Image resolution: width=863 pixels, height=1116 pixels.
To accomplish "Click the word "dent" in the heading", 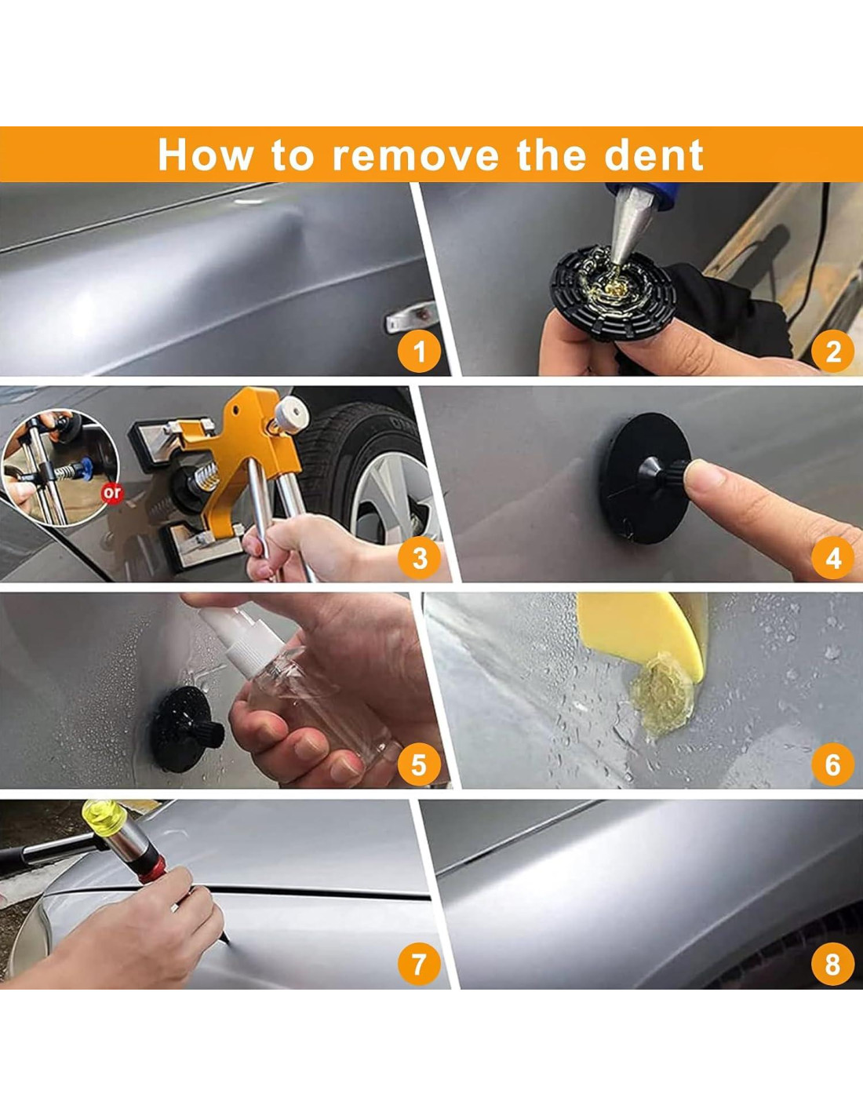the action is [654, 154].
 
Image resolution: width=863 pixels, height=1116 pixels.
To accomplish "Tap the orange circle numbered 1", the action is [419, 352].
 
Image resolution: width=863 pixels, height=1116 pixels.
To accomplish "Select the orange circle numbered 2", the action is [832, 352].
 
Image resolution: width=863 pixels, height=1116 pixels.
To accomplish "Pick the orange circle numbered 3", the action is [419, 558].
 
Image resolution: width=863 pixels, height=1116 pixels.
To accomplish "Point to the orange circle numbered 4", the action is [832, 558].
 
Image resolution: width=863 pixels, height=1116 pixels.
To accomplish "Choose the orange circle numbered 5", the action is [419, 764].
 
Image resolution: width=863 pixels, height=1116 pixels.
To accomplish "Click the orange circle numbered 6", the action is [832, 764].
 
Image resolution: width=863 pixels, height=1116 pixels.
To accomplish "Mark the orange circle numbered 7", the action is [419, 964].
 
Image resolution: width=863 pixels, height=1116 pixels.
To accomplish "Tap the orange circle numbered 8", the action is [832, 964].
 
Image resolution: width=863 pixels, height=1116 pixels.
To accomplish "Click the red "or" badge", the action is [112, 493].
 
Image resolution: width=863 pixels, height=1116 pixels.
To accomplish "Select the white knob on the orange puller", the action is [291, 414].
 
